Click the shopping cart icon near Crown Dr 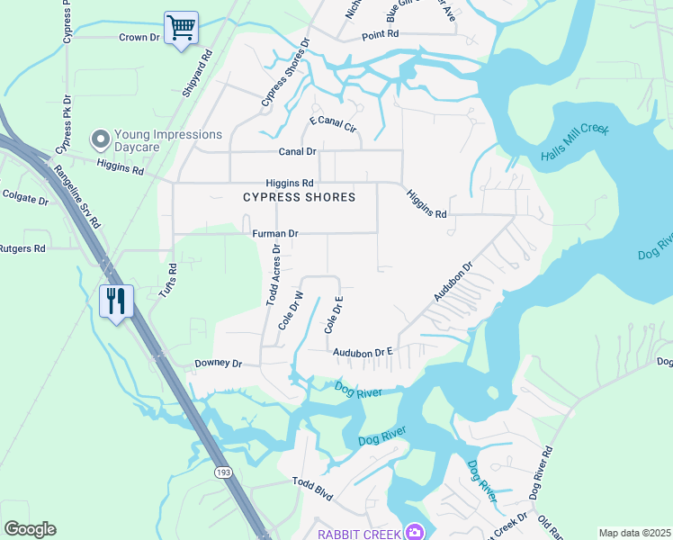click(181, 28)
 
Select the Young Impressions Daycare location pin click(101, 139)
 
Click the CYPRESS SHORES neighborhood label click(299, 197)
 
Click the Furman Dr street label click(274, 233)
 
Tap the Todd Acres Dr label click(273, 275)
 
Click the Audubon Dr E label click(364, 353)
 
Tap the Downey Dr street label click(219, 364)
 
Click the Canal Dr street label click(297, 152)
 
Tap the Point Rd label click(380, 34)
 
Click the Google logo click(30, 529)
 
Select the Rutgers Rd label click(22, 248)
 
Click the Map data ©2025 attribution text click(633, 533)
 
